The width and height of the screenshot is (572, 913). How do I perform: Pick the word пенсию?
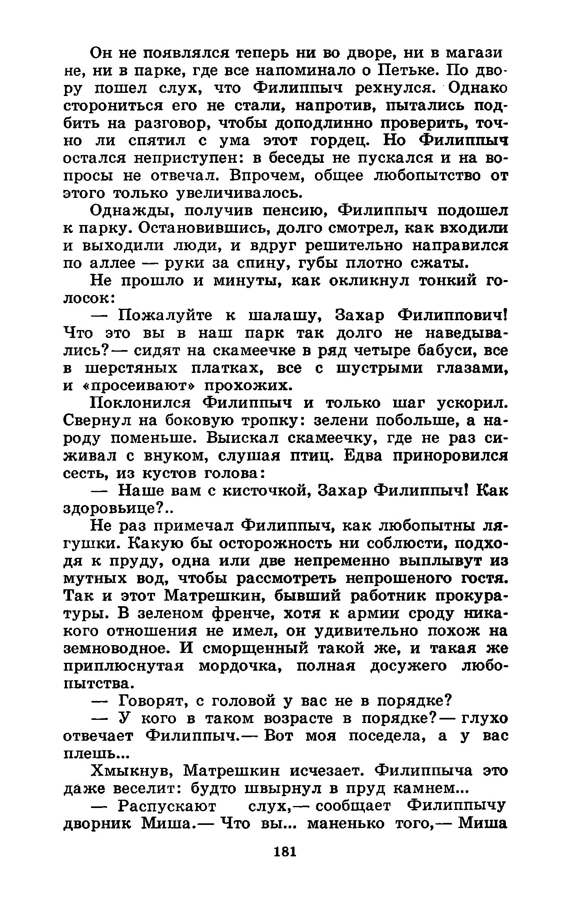(292, 211)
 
